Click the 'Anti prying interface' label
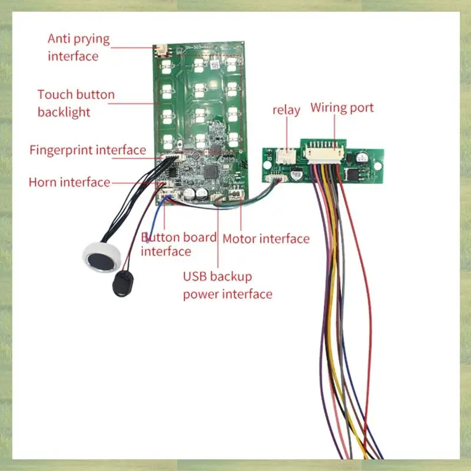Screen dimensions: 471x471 (78, 48)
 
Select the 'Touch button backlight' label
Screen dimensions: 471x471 (76, 103)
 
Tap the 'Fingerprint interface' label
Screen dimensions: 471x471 (88, 150)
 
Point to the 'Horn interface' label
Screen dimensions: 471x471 (69, 183)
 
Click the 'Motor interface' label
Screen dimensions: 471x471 (266, 238)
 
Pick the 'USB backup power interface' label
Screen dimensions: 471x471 (227, 285)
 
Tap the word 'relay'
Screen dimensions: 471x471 (286, 110)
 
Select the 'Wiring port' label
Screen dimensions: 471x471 (342, 108)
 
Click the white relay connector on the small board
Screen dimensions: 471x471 (287, 156)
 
